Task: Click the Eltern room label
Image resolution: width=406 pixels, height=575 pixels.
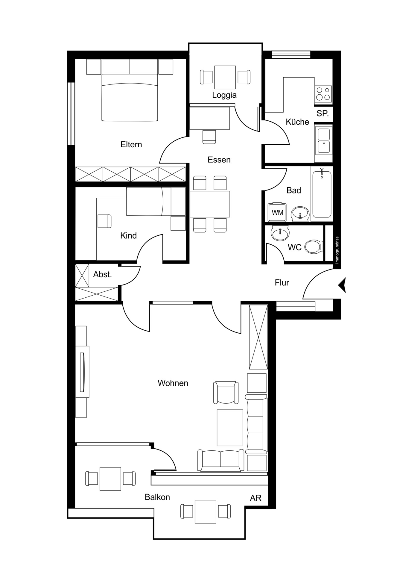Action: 131,144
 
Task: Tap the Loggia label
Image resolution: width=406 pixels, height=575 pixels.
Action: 224,95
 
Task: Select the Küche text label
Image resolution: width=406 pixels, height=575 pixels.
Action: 297,122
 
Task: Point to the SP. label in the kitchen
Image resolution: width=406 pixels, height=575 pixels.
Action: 323,114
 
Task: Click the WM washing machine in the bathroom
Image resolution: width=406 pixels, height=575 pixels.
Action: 277,212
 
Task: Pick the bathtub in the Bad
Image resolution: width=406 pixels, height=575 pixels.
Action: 322,193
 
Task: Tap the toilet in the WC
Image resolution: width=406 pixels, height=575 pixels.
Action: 314,247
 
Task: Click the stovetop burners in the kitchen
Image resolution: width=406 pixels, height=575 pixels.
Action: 323,94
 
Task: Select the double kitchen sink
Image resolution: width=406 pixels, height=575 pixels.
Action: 323,141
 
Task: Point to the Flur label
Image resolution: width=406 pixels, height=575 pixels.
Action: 282,283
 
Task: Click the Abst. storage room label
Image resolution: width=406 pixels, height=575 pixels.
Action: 102,275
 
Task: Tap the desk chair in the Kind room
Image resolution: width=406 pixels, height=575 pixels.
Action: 104,221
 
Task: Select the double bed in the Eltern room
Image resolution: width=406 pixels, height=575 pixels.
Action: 130,90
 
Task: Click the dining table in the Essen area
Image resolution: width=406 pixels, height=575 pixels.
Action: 210,204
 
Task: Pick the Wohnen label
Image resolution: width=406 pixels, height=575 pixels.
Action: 173,383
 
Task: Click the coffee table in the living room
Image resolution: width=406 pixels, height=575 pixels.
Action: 230,428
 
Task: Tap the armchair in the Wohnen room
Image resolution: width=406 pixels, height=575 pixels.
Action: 226,393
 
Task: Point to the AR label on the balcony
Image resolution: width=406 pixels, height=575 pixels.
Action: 256,498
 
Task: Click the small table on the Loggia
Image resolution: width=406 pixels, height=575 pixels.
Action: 225,77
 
